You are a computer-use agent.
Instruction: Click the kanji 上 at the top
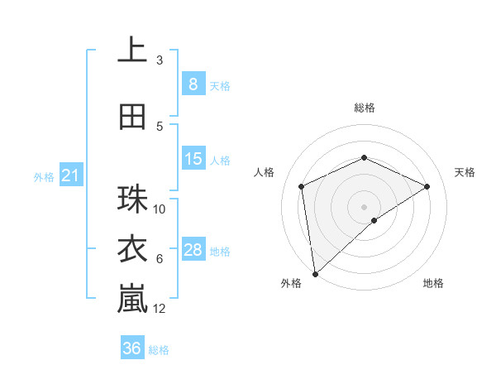[132, 50]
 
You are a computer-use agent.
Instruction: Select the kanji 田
[132, 117]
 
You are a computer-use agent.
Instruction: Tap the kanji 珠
[132, 199]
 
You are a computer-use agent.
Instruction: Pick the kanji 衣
[132, 249]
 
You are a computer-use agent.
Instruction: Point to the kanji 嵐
[132, 299]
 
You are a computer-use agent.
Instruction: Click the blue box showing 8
[193, 84]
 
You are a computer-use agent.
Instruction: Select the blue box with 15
[193, 159]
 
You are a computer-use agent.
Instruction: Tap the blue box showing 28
[193, 250]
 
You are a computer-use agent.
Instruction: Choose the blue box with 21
[70, 175]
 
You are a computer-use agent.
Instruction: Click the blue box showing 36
[131, 348]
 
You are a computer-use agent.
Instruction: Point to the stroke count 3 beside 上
[160, 60]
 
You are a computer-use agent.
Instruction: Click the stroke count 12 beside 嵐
[160, 309]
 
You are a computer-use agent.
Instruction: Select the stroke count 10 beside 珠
[160, 209]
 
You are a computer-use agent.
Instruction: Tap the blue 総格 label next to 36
[159, 350]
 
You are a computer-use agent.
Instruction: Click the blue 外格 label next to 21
[43, 176]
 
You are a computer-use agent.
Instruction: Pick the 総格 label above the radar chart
[364, 108]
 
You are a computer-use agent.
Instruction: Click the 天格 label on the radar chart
[465, 172]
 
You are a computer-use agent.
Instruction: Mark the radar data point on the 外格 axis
[314, 274]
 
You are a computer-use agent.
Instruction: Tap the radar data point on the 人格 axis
[302, 186]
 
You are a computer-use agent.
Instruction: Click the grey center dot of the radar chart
[364, 206]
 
